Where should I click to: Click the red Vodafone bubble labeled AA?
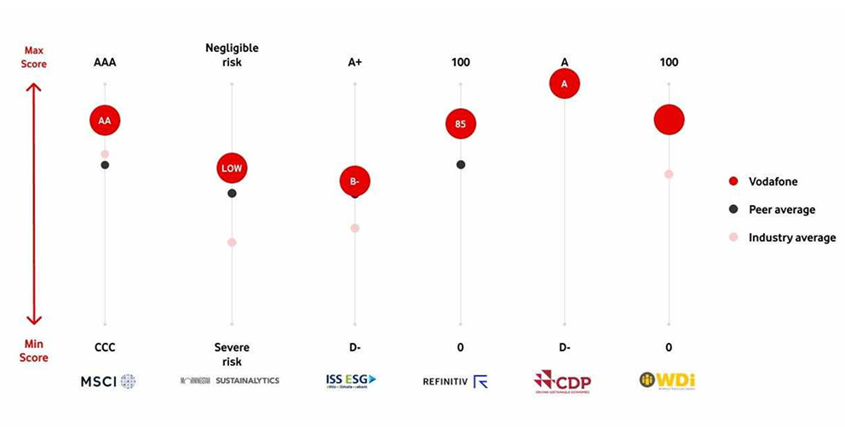point(105,121)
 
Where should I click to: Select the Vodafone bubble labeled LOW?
point(232,168)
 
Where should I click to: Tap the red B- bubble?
point(355,181)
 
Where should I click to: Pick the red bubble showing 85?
point(461,124)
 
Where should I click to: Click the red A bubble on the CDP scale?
point(564,83)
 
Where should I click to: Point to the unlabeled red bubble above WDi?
point(669,120)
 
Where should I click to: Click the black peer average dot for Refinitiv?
point(461,164)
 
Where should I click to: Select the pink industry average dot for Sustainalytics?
point(232,242)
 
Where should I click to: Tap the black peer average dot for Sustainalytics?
point(232,193)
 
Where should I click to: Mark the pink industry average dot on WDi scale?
point(669,174)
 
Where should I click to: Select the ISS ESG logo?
point(351,380)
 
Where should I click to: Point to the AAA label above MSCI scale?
point(105,63)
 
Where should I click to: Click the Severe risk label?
point(232,355)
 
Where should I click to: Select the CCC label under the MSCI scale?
point(105,347)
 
